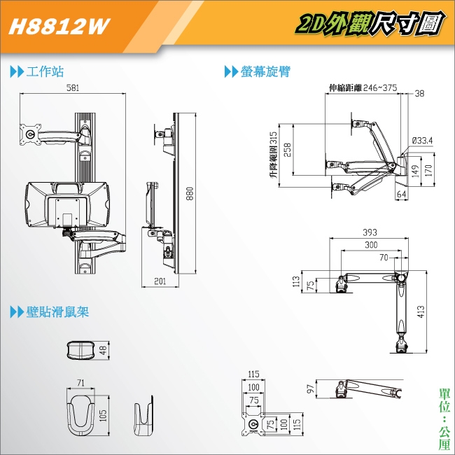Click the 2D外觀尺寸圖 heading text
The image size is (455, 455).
click(370, 26)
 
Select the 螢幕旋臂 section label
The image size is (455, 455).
click(265, 71)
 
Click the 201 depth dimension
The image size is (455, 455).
click(160, 281)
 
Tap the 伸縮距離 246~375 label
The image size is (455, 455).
click(363, 88)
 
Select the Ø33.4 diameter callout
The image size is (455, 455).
click(422, 141)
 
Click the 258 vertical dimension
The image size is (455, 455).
click(288, 148)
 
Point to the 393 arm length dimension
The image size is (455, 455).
click(371, 232)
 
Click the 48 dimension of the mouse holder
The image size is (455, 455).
click(104, 350)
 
